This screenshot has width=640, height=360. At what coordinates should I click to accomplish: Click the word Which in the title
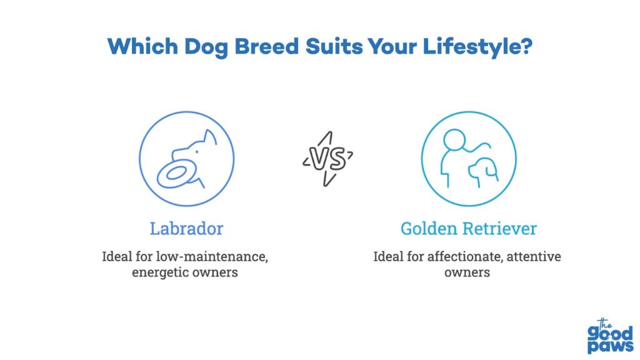click(x=142, y=46)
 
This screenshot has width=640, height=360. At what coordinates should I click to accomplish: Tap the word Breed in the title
click(x=266, y=46)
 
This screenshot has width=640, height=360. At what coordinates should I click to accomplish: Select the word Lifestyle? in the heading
click(x=477, y=47)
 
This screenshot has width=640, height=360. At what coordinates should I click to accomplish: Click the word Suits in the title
click(x=334, y=46)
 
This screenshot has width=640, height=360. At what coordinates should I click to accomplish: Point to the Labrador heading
click(x=186, y=229)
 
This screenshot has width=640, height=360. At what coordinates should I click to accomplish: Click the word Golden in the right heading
click(x=429, y=229)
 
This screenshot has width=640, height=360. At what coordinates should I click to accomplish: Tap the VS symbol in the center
click(x=327, y=159)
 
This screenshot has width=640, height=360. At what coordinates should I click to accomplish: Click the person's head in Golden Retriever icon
click(x=454, y=140)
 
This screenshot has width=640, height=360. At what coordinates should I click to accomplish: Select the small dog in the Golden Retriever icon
click(x=483, y=171)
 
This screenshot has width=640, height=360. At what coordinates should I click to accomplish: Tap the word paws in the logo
click(x=611, y=346)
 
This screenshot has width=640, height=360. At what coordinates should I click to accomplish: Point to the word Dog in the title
click(x=206, y=47)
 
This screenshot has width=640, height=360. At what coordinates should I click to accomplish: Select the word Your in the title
click(x=392, y=46)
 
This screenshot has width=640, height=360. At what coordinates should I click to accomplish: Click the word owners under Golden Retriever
click(x=467, y=272)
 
